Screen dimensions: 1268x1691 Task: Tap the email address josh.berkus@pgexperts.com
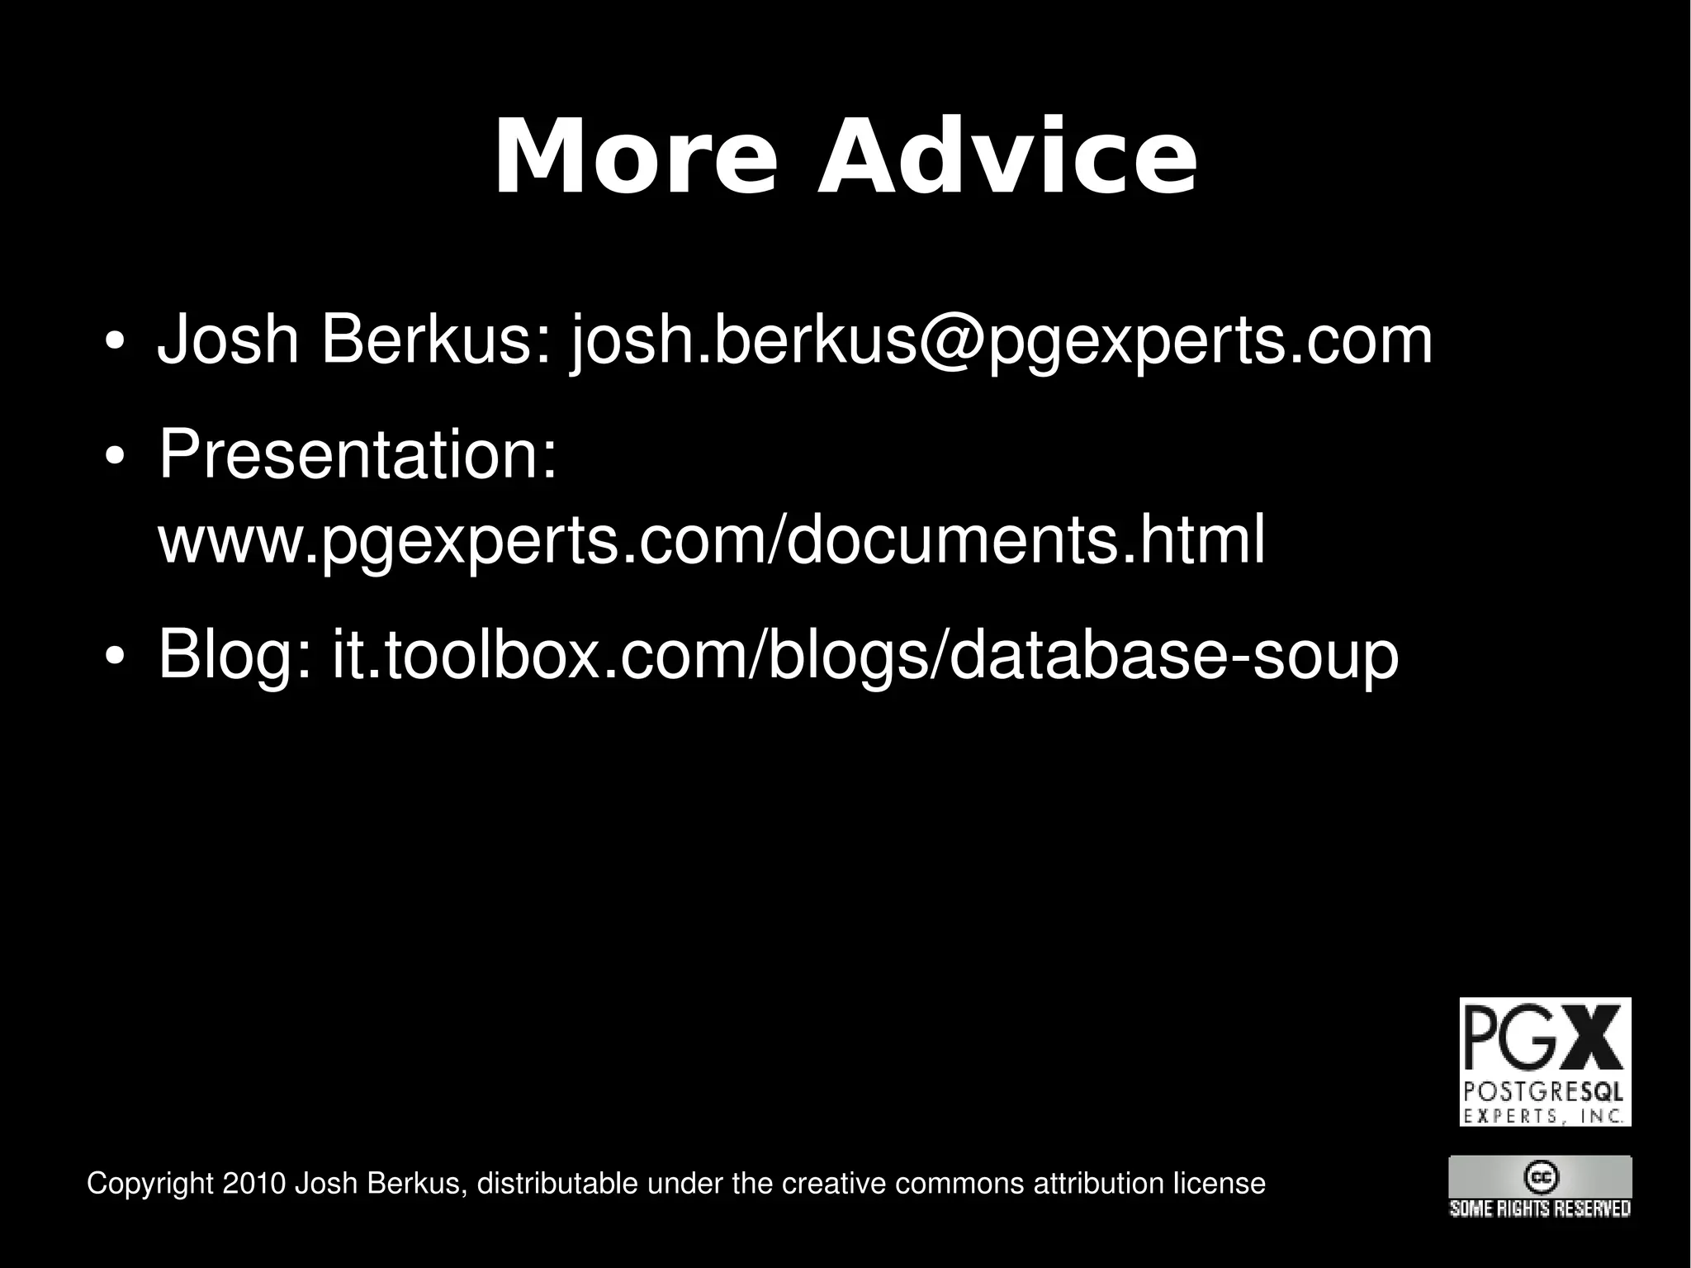point(1001,340)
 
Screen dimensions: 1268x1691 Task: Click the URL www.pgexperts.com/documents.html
point(711,539)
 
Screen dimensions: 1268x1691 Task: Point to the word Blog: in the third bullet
point(235,653)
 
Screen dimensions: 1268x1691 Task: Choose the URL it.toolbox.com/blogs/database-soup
point(865,653)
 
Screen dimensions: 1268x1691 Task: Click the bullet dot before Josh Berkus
point(115,342)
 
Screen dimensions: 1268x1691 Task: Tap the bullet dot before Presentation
point(115,457)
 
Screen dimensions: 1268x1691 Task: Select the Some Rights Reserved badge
point(1539,1188)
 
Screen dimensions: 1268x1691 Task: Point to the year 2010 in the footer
point(254,1183)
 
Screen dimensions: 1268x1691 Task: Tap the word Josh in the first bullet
point(228,340)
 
